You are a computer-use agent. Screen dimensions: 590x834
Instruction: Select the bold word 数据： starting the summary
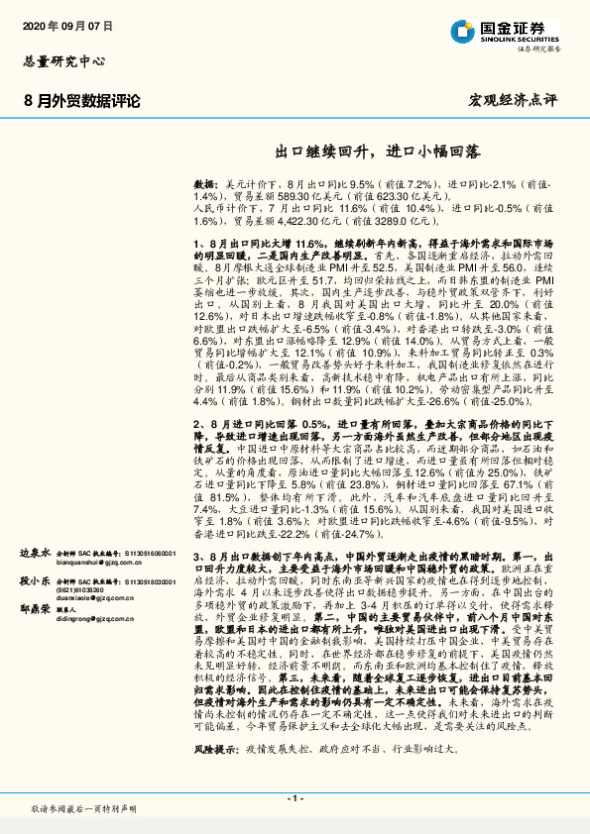[x=206, y=185]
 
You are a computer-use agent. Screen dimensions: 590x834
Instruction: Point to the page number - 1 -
[x=295, y=797]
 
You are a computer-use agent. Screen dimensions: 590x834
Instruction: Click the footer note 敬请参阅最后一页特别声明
[x=82, y=809]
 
